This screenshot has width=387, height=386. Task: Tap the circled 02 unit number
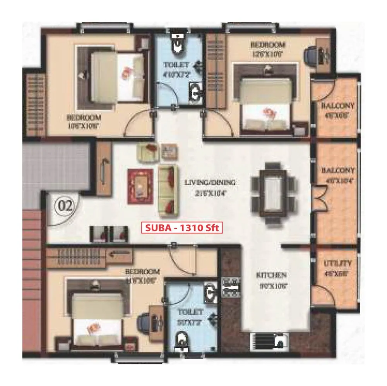(65, 205)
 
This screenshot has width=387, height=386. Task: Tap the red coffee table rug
(139, 186)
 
